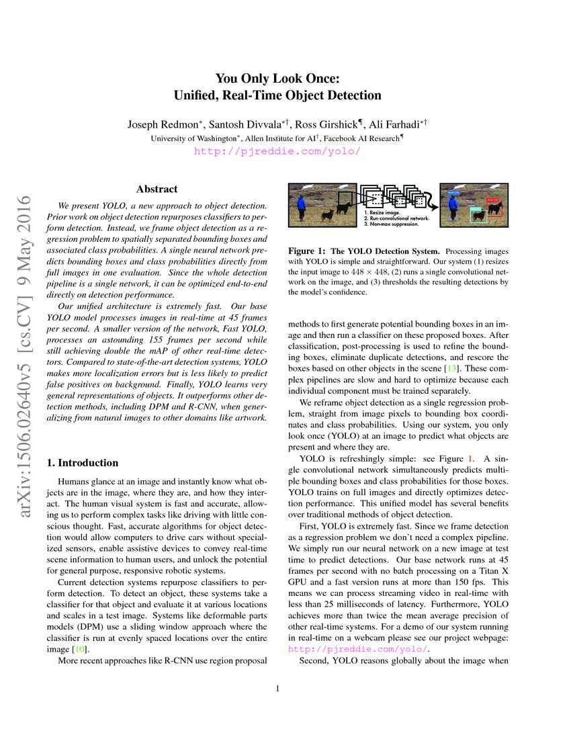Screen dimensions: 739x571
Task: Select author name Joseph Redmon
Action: pyautogui.click(x=159, y=124)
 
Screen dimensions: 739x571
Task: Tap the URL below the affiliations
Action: pyautogui.click(x=277, y=151)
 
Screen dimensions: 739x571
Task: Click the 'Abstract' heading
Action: pyautogui.click(x=157, y=189)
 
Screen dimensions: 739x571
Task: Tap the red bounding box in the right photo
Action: pyautogui.click(x=494, y=206)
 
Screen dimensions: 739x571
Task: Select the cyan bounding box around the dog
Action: pyautogui.click(x=478, y=214)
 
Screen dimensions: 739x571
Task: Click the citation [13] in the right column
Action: pyautogui.click(x=451, y=369)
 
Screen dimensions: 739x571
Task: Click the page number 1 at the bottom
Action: pyautogui.click(x=277, y=688)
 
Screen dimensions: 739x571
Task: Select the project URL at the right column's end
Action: pyautogui.click(x=357, y=649)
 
